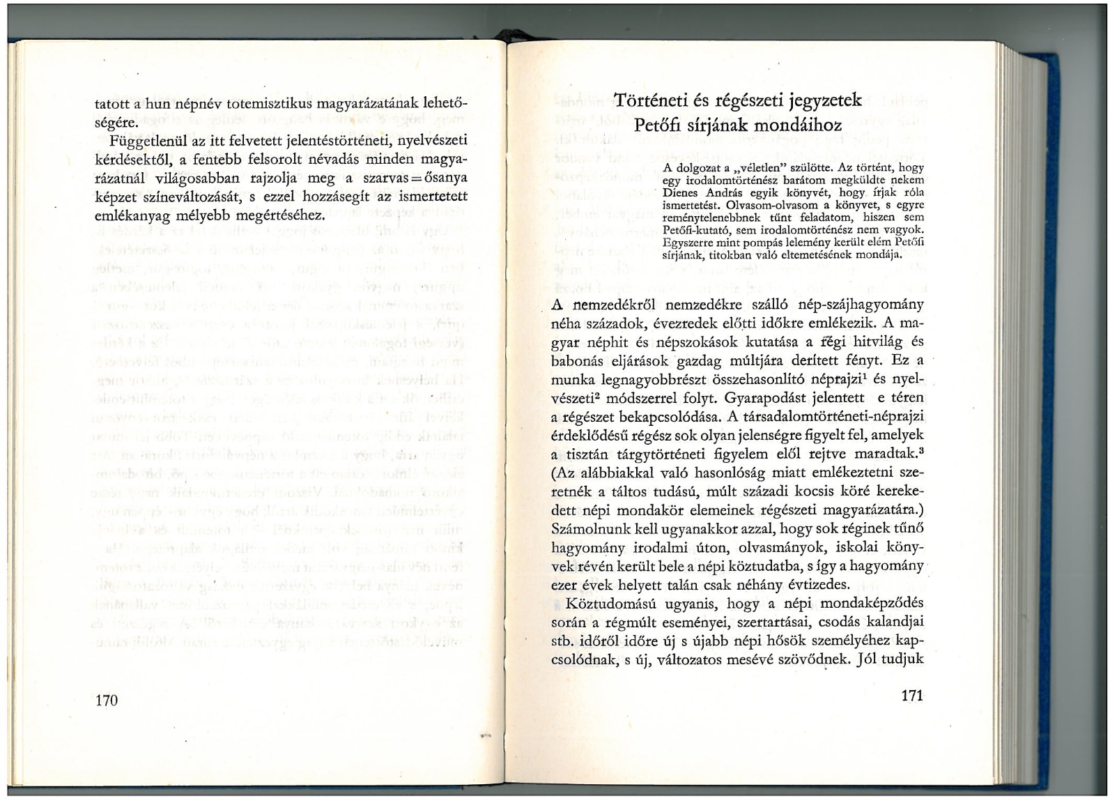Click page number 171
click(911, 695)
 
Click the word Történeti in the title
click(653, 100)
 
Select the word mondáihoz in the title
click(803, 126)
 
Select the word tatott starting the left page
click(113, 105)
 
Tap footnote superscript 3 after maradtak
click(921, 450)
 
